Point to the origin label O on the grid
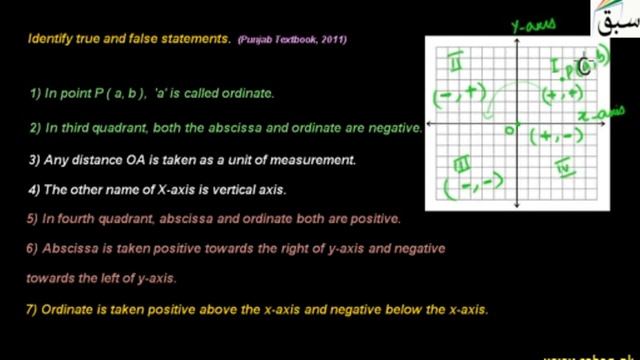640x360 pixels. pos(509,128)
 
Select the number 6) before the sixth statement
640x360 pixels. pos(33,248)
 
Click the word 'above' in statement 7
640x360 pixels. pos(233,310)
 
